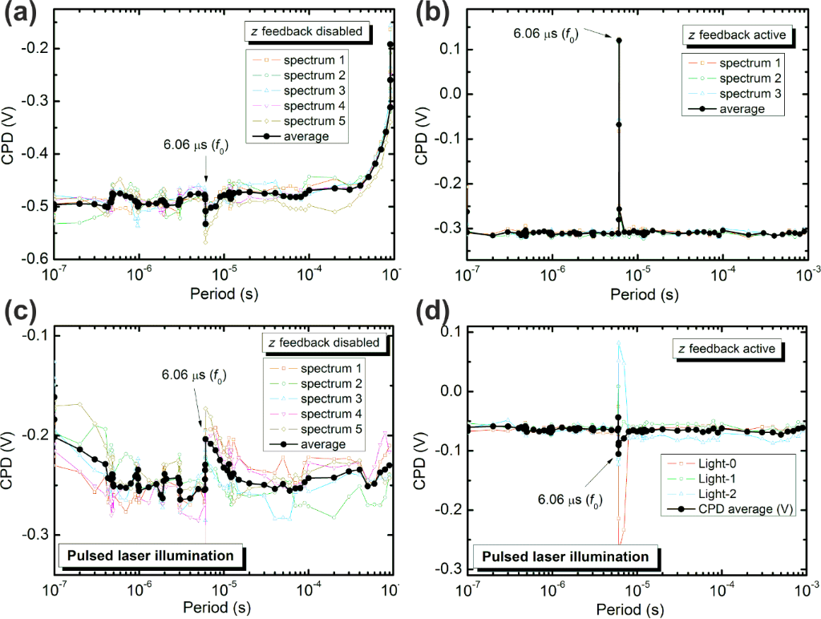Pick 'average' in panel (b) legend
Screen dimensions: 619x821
[x=739, y=109]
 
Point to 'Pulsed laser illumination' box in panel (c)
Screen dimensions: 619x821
[x=150, y=555]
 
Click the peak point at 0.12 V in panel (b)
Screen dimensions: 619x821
[x=619, y=39]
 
